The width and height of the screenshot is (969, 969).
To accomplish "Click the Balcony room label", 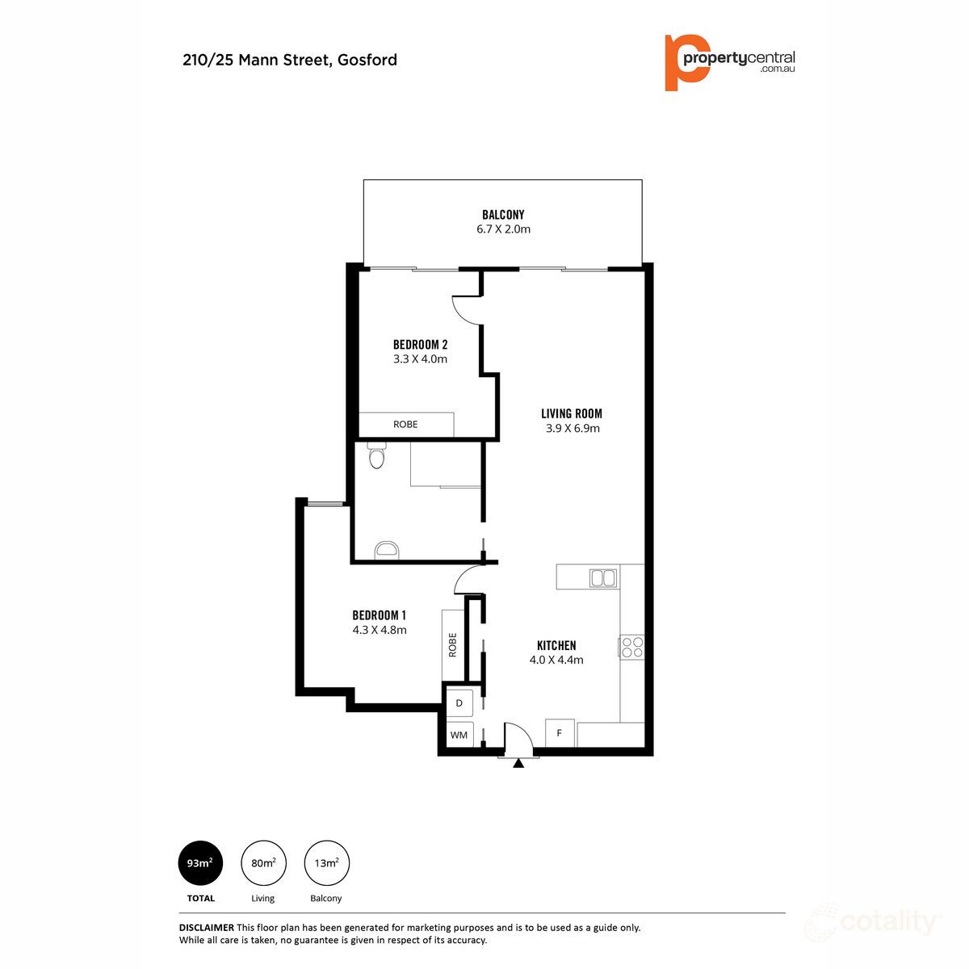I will click(x=503, y=215).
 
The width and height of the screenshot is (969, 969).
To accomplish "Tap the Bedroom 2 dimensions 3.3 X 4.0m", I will click(x=420, y=359).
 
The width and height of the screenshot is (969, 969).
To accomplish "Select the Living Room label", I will click(x=572, y=413).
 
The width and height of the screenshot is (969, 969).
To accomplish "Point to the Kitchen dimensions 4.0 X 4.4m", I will click(x=556, y=660).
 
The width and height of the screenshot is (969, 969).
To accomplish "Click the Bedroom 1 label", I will click(x=380, y=615).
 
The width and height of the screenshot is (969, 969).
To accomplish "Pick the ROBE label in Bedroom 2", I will click(x=405, y=424).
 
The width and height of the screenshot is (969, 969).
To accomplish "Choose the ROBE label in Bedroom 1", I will click(x=452, y=644).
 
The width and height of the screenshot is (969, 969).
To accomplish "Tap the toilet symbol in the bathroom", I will click(x=376, y=457).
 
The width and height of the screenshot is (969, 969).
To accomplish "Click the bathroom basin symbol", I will click(x=387, y=551).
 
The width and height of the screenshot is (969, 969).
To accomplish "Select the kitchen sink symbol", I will click(x=603, y=577).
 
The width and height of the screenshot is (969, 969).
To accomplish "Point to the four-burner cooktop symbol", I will click(x=631, y=647).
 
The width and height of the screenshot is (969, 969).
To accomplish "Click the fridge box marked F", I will click(x=560, y=733).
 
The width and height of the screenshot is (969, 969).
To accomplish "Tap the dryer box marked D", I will click(x=459, y=703).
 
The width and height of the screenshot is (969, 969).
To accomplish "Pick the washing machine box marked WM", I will click(x=459, y=735).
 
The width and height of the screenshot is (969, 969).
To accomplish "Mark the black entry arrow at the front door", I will click(x=518, y=761).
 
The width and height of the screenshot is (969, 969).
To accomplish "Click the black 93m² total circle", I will click(x=200, y=863).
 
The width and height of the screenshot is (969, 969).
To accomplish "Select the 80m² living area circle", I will click(x=263, y=863).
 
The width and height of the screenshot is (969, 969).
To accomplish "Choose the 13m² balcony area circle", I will click(x=326, y=863).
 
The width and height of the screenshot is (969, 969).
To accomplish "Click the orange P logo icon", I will click(x=685, y=62).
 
